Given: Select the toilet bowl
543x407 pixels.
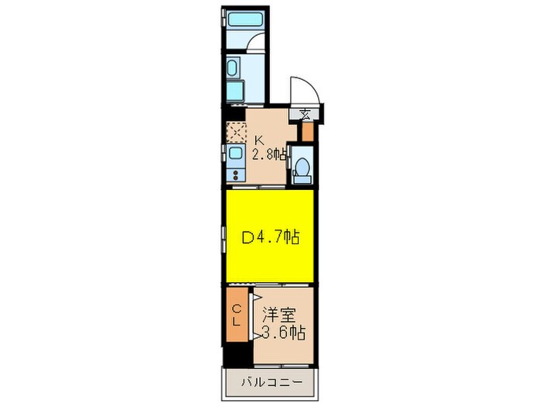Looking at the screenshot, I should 303,168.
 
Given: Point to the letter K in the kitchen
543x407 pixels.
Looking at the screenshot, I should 259,141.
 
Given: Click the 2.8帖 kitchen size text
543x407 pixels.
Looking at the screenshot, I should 268,153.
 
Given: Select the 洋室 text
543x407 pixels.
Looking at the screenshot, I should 280,316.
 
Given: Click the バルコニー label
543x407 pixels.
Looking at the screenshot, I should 271,381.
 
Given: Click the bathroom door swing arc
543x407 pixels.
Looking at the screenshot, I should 255,43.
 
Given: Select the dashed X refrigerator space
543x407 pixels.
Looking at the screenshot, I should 235,133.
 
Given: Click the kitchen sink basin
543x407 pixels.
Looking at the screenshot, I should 235,154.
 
